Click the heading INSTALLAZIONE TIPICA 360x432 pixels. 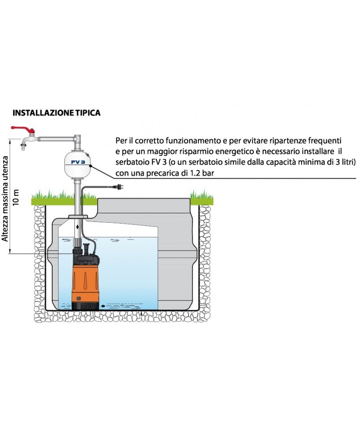point(56,113)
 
